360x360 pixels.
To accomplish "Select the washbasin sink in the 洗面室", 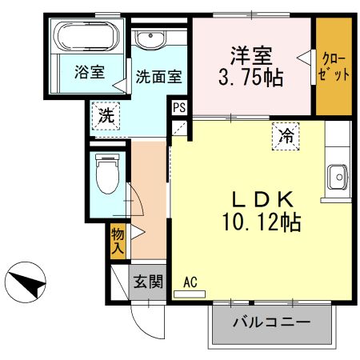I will [149, 39].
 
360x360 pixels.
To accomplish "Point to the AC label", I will [190, 282].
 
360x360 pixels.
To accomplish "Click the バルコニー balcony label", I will [271, 323].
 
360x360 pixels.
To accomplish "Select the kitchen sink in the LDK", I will [337, 175].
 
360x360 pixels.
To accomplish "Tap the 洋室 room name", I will [251, 57].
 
